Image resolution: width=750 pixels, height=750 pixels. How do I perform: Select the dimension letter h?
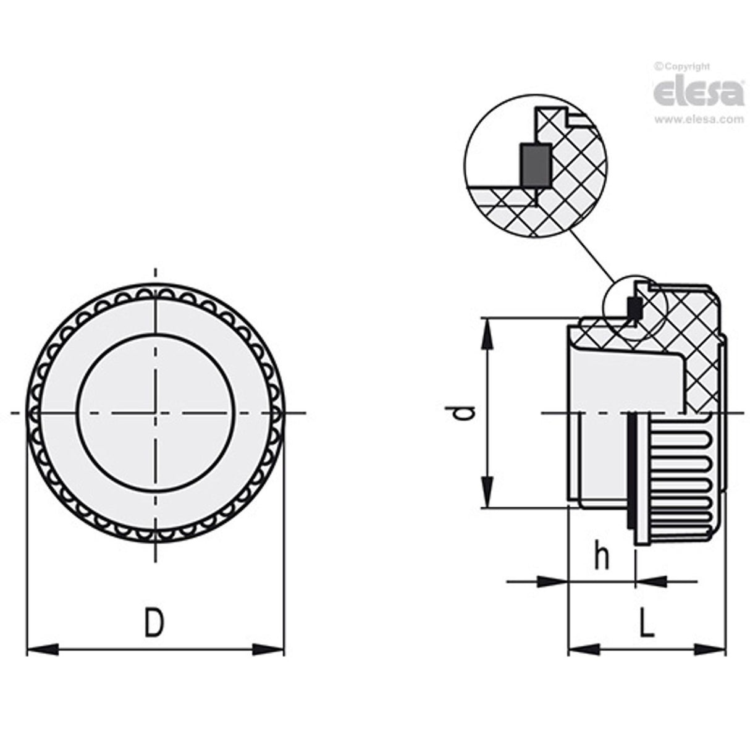(601, 555)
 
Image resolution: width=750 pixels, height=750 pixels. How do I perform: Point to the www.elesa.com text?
(699, 120)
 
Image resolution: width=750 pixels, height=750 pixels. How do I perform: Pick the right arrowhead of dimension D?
(269, 649)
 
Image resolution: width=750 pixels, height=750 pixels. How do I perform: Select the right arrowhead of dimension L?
(710, 649)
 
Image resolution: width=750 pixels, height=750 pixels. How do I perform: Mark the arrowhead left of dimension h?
(552, 581)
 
